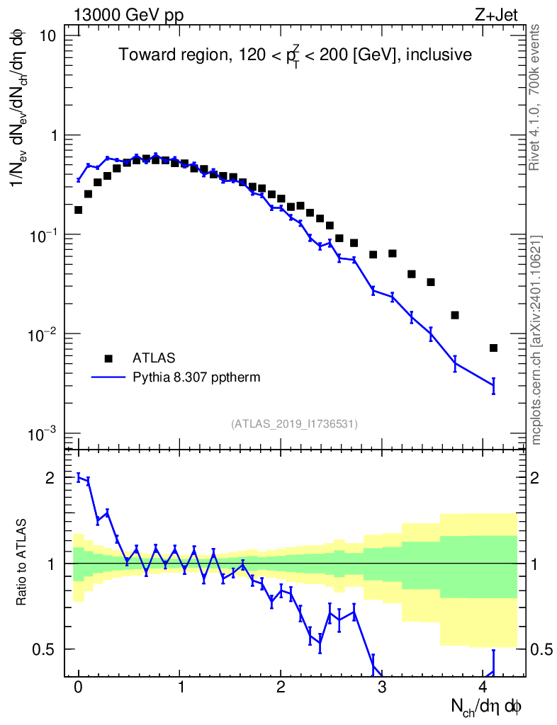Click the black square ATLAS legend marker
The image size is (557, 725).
pyautogui.click(x=108, y=358)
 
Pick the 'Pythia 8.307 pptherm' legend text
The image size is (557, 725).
pyautogui.click(x=197, y=377)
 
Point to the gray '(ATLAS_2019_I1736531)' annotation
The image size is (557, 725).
pyautogui.click(x=294, y=423)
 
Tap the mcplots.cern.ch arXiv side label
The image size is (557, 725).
pyautogui.click(x=536, y=339)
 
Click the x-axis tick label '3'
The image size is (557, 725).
pyautogui.click(x=382, y=687)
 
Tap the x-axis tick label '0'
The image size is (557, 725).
pyautogui.click(x=78, y=687)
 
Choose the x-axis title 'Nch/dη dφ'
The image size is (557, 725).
pyautogui.click(x=487, y=706)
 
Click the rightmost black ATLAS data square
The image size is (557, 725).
pyautogui.click(x=493, y=348)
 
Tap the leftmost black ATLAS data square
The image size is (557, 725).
pyautogui.click(x=78, y=210)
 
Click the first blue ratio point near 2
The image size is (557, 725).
pyautogui.click(x=78, y=477)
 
